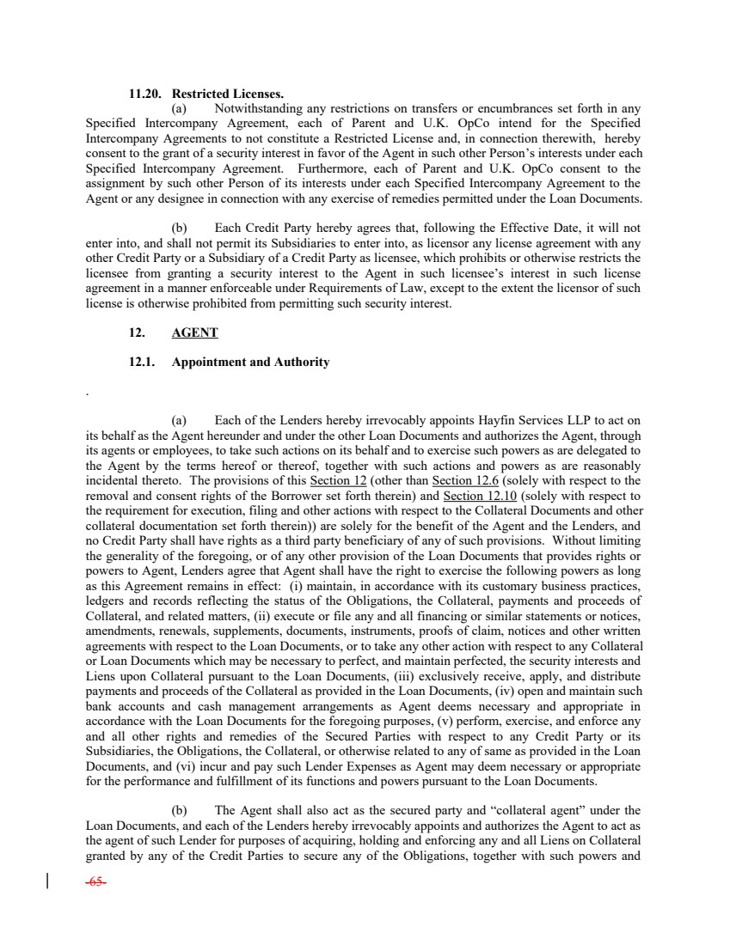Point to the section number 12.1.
point(143,363)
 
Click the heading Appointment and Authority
point(250,363)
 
